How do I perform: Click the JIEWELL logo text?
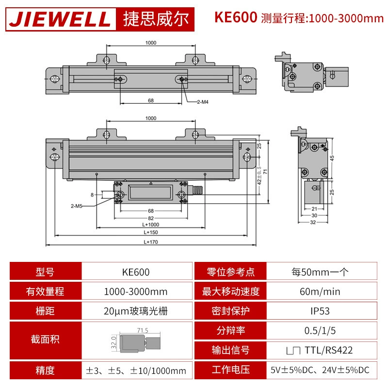60,19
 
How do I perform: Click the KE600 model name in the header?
236,17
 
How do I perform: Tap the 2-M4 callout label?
203,102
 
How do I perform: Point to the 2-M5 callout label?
77,206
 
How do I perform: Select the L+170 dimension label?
151,242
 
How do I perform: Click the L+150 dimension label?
151,232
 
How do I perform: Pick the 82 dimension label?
151,218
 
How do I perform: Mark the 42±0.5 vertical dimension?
259,176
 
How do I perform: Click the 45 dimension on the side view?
332,158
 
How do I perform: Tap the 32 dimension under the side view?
313,222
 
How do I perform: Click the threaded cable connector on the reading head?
198,190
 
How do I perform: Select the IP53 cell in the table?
320,311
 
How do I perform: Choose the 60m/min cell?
320,291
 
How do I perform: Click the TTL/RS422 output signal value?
329,350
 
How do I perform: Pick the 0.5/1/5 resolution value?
320,331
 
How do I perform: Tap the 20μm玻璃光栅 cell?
136,311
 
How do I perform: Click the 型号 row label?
45,272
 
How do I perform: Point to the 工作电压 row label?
231,370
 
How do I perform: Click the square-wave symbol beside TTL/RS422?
293,351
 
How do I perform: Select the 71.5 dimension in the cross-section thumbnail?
143,330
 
